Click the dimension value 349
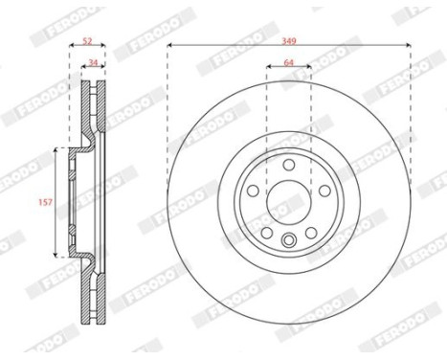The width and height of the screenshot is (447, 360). (289, 41)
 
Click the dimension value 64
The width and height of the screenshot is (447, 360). (288, 62)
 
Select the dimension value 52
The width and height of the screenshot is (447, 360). (87, 41)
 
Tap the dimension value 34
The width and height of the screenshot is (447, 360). (93, 62)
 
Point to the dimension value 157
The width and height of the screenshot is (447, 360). (45, 202)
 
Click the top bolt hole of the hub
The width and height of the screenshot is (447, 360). (289, 165)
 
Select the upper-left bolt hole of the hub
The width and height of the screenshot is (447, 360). (253, 191)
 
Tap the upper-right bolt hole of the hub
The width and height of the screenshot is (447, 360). (324, 191)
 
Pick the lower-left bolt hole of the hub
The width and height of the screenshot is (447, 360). (267, 233)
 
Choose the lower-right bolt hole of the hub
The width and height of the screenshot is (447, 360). (311, 233)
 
